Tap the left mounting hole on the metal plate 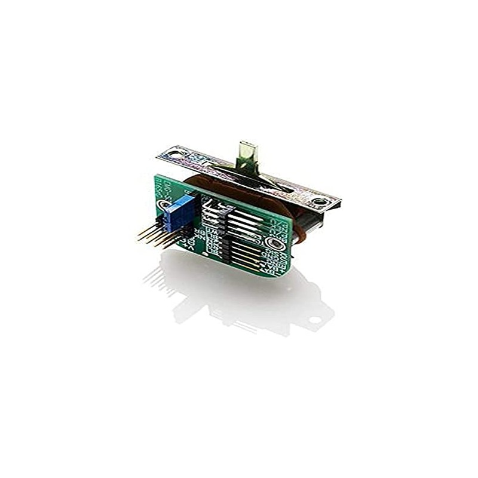[174, 154]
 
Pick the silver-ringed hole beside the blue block [163, 204]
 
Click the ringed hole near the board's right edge [276, 243]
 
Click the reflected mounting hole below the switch [314, 320]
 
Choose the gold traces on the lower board [245, 254]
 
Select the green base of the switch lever [245, 164]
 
